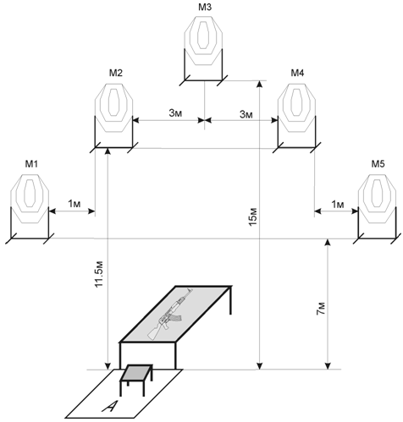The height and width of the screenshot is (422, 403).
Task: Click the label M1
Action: [x=31, y=164]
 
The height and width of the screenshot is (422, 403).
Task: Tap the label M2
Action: [x=116, y=73]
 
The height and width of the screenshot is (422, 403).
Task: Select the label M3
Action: [x=205, y=8]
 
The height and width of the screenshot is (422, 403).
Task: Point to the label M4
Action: [x=297, y=73]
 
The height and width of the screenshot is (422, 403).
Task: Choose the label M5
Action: [x=378, y=164]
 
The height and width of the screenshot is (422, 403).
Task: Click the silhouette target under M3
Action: [x=203, y=41]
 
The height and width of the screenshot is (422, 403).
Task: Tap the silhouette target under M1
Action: [x=30, y=199]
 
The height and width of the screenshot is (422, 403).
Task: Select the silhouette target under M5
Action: [x=377, y=199]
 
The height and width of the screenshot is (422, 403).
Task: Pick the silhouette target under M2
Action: [x=113, y=108]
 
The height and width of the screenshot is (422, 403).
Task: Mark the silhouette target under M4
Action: [x=296, y=108]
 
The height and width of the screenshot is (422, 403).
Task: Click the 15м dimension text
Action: [x=253, y=216]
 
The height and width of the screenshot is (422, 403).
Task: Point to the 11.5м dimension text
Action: [x=99, y=274]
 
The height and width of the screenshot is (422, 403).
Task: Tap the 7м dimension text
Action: [x=321, y=309]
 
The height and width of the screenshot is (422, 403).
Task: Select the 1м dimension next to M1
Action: [x=75, y=204]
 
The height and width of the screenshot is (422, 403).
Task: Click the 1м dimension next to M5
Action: [x=338, y=205]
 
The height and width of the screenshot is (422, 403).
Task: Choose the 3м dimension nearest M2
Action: [x=175, y=113]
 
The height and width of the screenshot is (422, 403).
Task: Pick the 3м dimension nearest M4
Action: [x=246, y=114]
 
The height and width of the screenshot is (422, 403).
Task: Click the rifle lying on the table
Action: [x=170, y=314]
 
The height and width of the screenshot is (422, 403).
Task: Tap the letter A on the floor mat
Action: [x=109, y=407]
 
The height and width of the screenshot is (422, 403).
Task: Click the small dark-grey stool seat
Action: [x=136, y=372]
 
